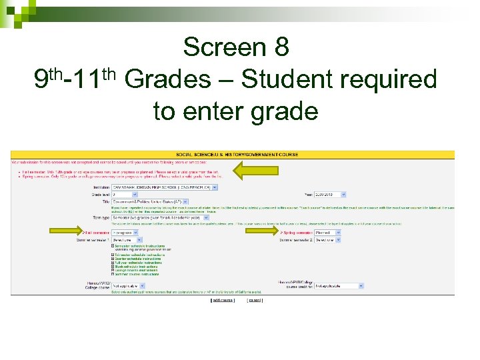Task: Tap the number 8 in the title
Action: [281, 47]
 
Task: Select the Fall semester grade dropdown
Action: [126, 232]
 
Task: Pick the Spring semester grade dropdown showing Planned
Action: [329, 232]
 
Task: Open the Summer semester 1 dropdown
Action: [126, 239]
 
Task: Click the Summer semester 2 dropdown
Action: [329, 239]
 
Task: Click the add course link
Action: [223, 300]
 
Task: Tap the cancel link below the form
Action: [255, 300]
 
